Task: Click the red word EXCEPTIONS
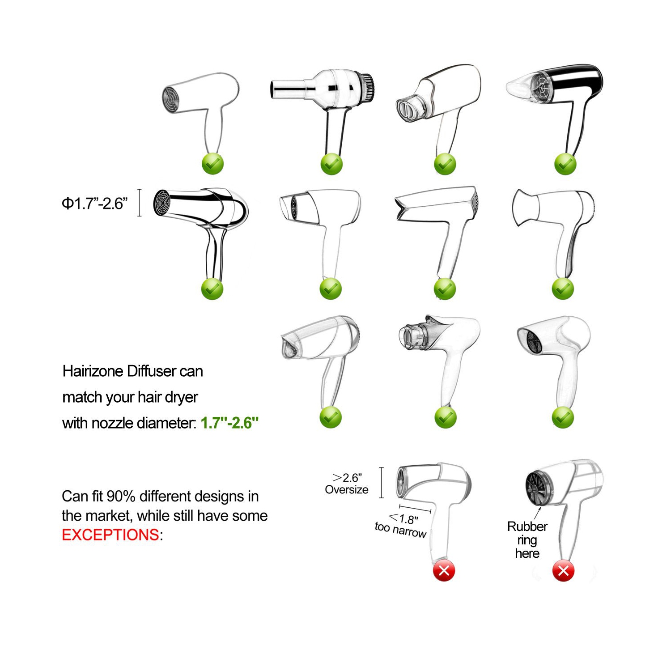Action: [110, 535]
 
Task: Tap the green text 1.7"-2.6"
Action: [229, 423]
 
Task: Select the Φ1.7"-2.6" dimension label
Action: [94, 204]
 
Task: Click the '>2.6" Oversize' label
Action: [347, 484]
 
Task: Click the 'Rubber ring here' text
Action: [527, 540]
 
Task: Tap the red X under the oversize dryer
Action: [444, 571]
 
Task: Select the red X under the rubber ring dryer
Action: [563, 571]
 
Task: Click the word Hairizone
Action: [93, 371]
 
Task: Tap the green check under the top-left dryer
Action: [212, 164]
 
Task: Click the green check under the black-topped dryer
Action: [565, 164]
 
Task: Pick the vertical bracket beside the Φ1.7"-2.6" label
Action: [140, 203]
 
